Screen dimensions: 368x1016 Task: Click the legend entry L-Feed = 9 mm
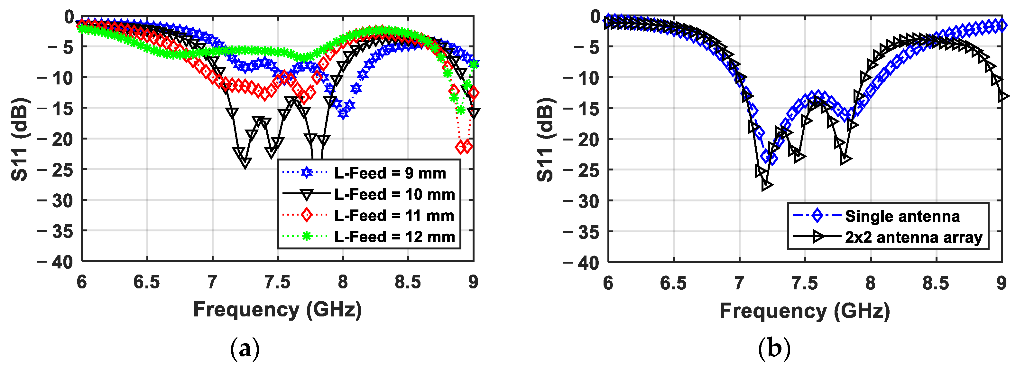point(390,173)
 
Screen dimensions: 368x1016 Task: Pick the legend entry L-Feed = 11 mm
point(393,216)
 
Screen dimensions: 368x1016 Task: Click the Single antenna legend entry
point(902,216)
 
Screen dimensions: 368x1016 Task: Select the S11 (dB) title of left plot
point(20,139)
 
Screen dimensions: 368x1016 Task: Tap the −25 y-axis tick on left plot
point(56,170)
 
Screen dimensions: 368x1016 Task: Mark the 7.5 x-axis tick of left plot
point(278,282)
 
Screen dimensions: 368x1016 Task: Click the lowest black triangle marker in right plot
point(767,185)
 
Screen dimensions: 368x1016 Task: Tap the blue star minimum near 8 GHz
point(343,114)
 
